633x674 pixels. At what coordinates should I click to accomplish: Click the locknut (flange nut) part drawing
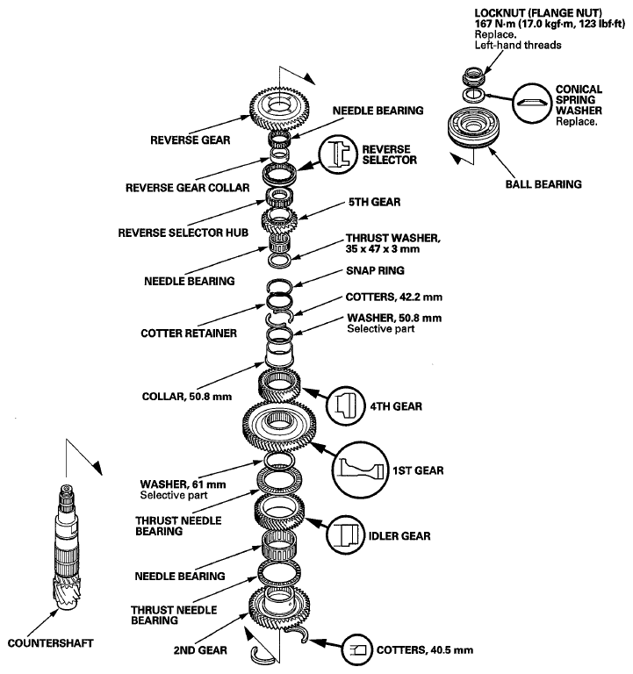473,76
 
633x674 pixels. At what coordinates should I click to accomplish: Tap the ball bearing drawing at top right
473,128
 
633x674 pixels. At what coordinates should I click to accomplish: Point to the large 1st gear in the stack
279,425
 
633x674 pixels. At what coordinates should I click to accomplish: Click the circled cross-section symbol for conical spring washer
532,104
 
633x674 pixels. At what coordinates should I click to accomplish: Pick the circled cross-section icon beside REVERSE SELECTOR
338,154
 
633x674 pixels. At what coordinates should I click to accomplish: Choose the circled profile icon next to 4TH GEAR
346,406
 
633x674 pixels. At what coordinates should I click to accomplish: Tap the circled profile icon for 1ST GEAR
360,470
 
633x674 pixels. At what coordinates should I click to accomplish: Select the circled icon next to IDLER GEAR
345,535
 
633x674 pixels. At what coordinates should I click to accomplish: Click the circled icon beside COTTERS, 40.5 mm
357,649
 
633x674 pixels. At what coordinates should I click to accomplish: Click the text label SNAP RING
375,270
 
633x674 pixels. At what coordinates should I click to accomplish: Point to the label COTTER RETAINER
189,333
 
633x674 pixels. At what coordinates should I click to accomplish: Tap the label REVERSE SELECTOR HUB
183,233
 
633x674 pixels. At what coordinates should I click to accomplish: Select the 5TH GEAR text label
374,202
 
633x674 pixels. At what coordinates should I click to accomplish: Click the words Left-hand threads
518,45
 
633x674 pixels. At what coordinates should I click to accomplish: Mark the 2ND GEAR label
200,650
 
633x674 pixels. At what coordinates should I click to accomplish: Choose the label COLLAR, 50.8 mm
187,397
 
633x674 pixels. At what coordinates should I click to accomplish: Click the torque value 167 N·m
494,24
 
